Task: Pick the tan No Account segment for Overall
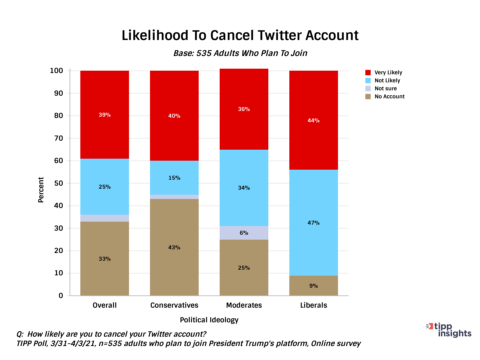pyautogui.click(x=104, y=273)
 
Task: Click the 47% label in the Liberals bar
pyautogui.click(x=313, y=223)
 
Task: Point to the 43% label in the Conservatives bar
pyautogui.click(x=174, y=247)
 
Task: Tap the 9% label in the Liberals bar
pyautogui.click(x=313, y=286)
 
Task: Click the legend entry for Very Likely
pyautogui.click(x=388, y=72)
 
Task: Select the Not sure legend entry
pyautogui.click(x=385, y=88)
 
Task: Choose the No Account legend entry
pyautogui.click(x=389, y=96)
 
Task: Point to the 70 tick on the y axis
pyautogui.click(x=58, y=138)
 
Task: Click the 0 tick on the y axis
pyautogui.click(x=61, y=296)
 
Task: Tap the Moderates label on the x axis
pyautogui.click(x=244, y=305)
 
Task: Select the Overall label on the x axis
pyautogui.click(x=104, y=305)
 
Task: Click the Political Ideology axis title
pyautogui.click(x=209, y=320)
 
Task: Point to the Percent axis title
pyautogui.click(x=41, y=190)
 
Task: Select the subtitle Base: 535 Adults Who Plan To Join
pyautogui.click(x=240, y=53)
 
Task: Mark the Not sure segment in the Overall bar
pyautogui.click(x=104, y=218)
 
